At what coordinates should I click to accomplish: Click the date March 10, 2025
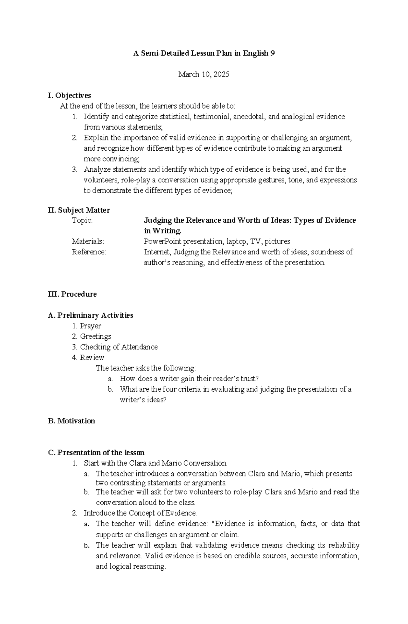(204, 74)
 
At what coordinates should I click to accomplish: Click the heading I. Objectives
(69, 95)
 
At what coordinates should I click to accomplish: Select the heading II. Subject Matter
(79, 210)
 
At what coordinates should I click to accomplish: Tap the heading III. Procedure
(72, 294)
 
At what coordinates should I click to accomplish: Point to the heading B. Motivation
(71, 421)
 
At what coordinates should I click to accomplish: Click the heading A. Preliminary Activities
(90, 315)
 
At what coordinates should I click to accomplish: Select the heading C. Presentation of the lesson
(96, 452)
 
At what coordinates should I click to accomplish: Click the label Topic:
(82, 220)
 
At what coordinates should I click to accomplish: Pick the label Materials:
(88, 241)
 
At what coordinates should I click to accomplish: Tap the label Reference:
(89, 252)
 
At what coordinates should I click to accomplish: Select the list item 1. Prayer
(87, 326)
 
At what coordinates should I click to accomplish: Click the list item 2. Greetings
(91, 336)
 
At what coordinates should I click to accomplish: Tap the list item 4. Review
(88, 357)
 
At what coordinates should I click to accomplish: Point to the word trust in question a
(247, 378)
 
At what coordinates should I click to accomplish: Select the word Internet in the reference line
(158, 252)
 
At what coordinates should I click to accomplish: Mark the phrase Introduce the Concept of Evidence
(140, 513)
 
